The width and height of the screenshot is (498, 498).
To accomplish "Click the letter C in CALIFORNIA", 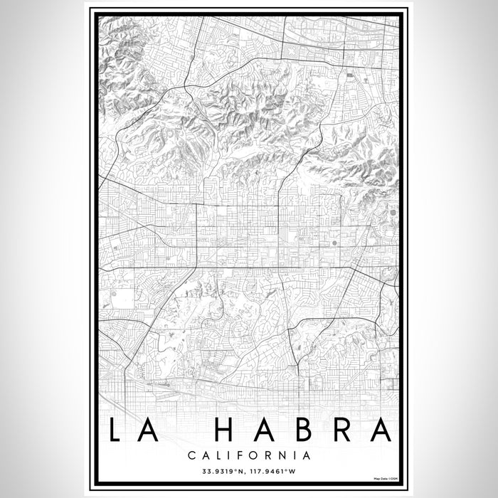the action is click(192, 454).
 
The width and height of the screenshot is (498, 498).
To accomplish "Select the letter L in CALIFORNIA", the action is click(218, 454).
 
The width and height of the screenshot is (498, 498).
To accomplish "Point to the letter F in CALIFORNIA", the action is click(241, 454).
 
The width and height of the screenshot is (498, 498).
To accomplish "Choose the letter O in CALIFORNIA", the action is click(255, 454).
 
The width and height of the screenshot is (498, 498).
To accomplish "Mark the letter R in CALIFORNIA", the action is click(270, 454).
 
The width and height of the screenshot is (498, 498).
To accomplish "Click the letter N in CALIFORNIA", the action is click(283, 454).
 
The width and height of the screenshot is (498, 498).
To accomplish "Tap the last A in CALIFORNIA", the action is click(307, 454).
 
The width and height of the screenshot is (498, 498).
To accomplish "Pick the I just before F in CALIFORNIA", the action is click(231, 454).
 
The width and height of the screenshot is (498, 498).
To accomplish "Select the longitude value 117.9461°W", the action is click(277, 470).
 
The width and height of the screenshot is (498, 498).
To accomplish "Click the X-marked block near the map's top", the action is click(349, 73).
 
